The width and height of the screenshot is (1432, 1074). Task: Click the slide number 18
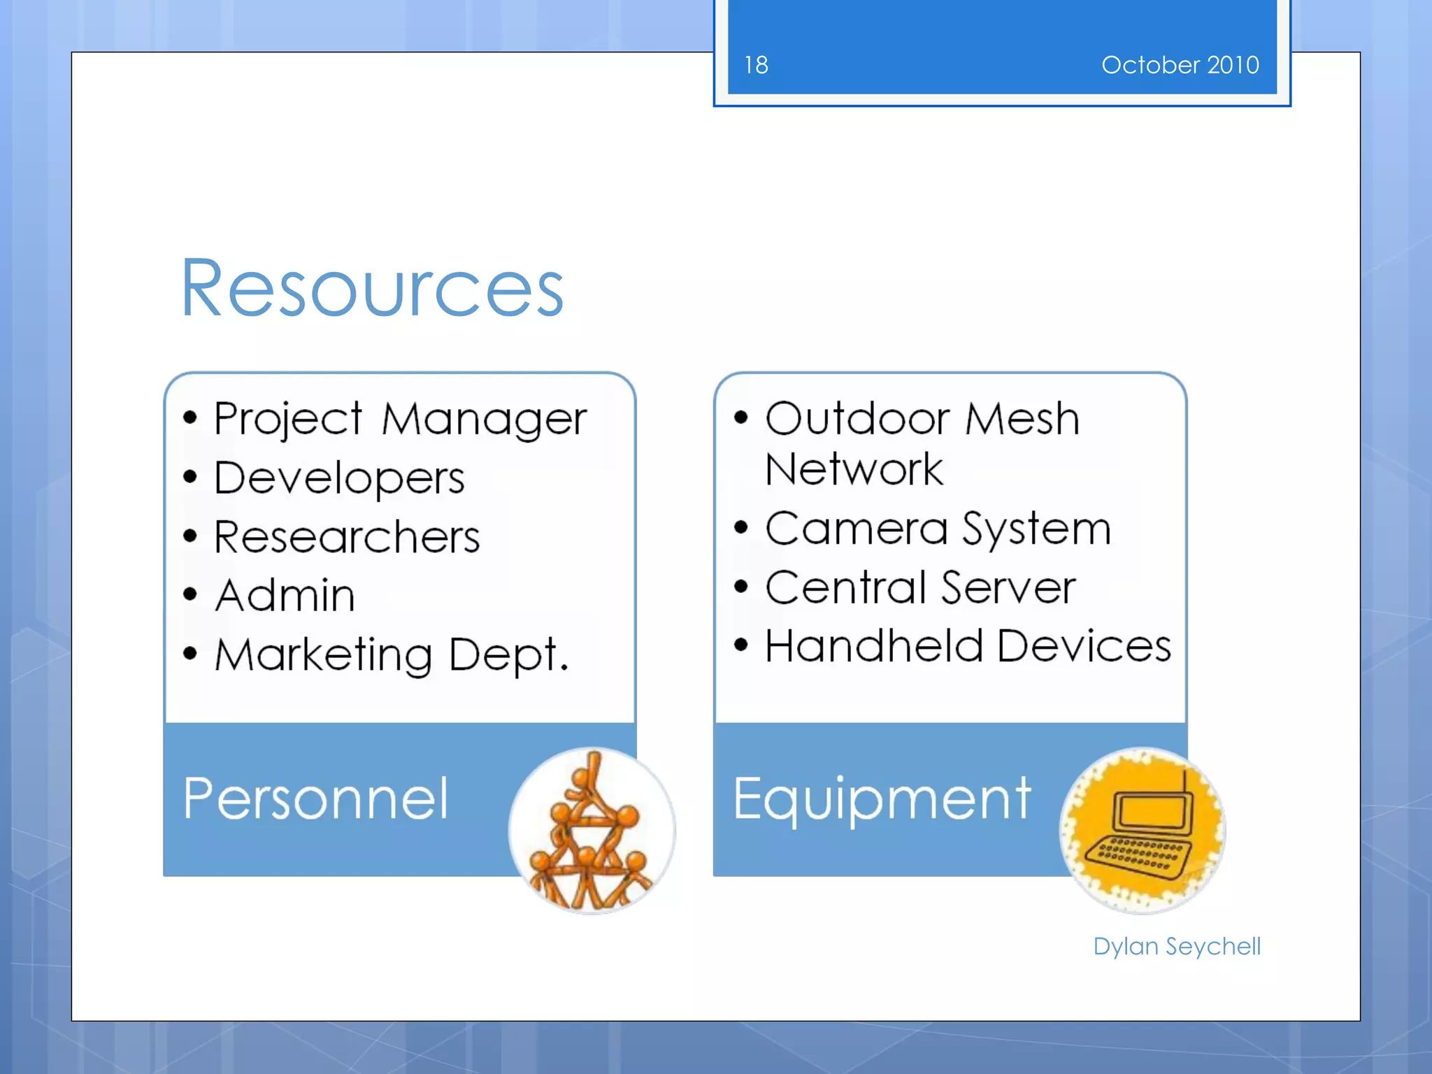pos(756,65)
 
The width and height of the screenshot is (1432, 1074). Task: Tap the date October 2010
pos(1180,65)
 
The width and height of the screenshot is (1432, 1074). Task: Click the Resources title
pos(372,288)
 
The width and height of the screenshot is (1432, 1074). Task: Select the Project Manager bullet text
pos(400,420)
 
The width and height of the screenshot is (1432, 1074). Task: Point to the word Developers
pos(339,478)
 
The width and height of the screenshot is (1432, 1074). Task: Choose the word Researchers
pos(347,537)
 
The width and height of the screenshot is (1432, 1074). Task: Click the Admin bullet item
pos(285,596)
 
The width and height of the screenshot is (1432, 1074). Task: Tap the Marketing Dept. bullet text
pos(392,655)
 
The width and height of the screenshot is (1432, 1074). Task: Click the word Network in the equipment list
pos(854,468)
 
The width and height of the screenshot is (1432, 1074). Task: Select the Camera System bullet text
pos(938,529)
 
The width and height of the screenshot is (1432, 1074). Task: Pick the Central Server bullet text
pos(920,587)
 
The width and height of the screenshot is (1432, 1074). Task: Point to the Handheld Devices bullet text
pos(968,645)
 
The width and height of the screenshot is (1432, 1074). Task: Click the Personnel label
pos(315,799)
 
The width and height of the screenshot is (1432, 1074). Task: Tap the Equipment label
pos(882,799)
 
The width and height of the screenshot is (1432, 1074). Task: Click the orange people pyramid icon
pos(592,831)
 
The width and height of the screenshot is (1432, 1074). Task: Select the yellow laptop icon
pos(1142,831)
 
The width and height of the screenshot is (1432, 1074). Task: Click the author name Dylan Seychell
pos(1177,946)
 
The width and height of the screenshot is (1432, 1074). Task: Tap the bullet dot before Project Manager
pos(190,418)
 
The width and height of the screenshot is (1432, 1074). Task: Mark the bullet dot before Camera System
pos(741,527)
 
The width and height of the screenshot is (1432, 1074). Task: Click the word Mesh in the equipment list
pos(1022,420)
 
